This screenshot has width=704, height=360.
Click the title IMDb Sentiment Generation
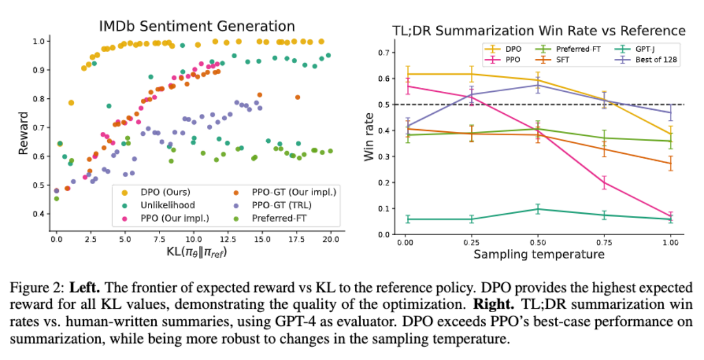coord(197,26)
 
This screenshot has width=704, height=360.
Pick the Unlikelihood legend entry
coord(153,204)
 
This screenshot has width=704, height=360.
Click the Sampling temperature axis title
coord(539,254)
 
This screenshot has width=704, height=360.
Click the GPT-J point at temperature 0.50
coord(537,209)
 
